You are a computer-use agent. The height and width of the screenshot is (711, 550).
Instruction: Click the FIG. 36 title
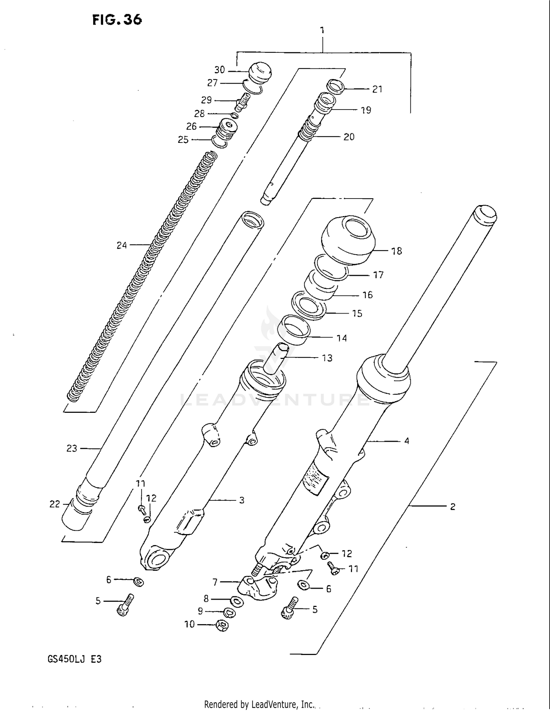pyautogui.click(x=117, y=19)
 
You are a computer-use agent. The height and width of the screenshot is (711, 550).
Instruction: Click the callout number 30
pyautogui.click(x=219, y=70)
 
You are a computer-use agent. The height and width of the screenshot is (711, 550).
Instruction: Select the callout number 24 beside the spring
pyautogui.click(x=122, y=245)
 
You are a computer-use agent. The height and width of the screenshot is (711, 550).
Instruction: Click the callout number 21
pyautogui.click(x=377, y=89)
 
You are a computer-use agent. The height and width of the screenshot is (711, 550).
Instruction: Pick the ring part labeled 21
pyautogui.click(x=335, y=87)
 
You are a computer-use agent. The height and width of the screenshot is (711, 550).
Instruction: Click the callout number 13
pyautogui.click(x=327, y=358)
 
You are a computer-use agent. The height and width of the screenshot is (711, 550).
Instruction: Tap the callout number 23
pyautogui.click(x=72, y=448)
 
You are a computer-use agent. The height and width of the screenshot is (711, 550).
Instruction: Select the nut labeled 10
pyautogui.click(x=222, y=625)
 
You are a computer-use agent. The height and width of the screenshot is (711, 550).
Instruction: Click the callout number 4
pyautogui.click(x=406, y=441)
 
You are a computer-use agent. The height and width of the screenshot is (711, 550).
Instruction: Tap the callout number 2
pyautogui.click(x=452, y=507)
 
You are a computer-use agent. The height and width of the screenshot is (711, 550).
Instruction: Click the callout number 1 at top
pyautogui.click(x=322, y=30)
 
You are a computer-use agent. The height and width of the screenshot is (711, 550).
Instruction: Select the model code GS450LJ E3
pyautogui.click(x=74, y=659)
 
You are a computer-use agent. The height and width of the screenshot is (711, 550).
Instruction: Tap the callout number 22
pyautogui.click(x=55, y=504)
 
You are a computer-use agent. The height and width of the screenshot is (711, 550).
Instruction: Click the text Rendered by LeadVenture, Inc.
pyautogui.click(x=259, y=704)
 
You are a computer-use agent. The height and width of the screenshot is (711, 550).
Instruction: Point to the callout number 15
pyautogui.click(x=357, y=314)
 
